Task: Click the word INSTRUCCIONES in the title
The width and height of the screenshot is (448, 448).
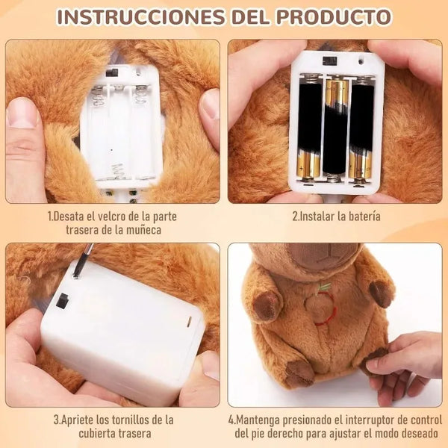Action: click(141, 17)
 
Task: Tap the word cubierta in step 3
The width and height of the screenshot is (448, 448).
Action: click(96, 433)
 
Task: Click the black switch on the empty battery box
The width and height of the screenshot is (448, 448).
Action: click(112, 73)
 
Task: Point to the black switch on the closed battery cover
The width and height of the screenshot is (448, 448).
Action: click(62, 301)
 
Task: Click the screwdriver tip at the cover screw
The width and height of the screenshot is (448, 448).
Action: click(76, 275)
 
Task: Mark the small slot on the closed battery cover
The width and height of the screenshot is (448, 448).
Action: click(189, 322)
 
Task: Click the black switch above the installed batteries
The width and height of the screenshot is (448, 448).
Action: click(329, 61)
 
